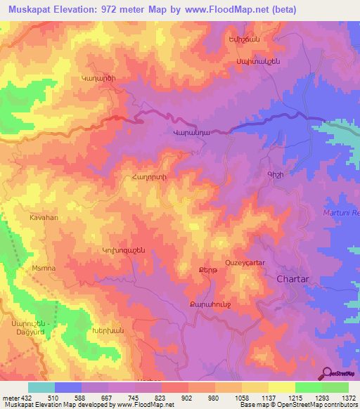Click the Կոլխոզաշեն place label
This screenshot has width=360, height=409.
pos(123,249)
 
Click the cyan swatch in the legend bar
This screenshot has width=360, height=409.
pos(41,387)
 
